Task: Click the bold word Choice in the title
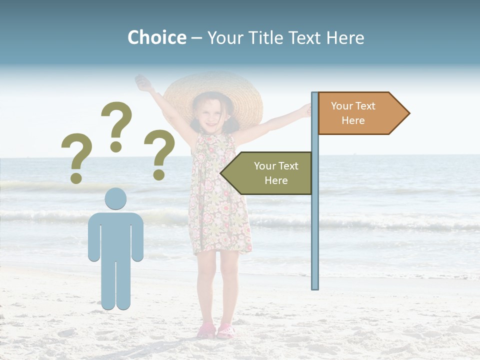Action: click(156, 37)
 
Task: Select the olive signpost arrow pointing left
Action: click(267, 173)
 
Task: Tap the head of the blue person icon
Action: click(115, 198)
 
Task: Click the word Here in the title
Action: click(345, 37)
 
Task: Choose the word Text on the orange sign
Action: click(365, 106)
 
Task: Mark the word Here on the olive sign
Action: click(276, 180)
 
